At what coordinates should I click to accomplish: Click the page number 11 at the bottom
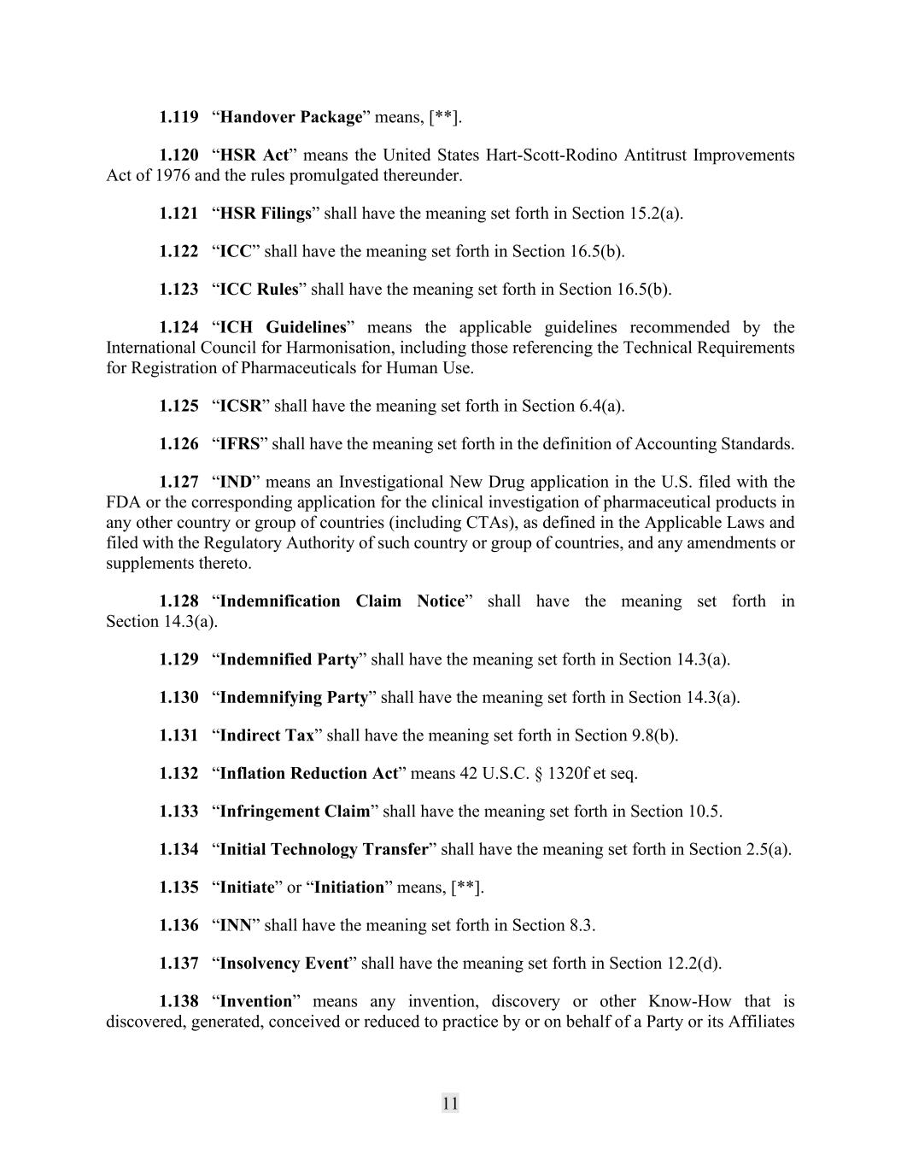click(x=450, y=1103)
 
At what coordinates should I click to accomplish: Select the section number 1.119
click(x=178, y=117)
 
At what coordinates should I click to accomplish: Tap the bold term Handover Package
click(x=291, y=117)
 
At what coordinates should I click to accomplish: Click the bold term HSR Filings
click(x=266, y=214)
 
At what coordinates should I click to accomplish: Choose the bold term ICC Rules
click(x=259, y=290)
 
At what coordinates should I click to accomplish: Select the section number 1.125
click(x=178, y=406)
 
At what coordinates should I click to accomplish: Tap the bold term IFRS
click(x=240, y=444)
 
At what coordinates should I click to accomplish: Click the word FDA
click(x=123, y=502)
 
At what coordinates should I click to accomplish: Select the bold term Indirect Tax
click(x=266, y=735)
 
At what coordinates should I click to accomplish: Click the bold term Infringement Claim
click(x=295, y=812)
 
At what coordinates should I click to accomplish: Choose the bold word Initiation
click(x=349, y=888)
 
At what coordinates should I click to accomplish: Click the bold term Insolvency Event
click(x=284, y=964)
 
